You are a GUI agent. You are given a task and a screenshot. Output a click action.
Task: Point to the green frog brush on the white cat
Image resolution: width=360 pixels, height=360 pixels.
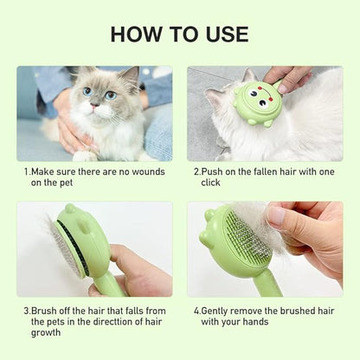(x=258, y=104)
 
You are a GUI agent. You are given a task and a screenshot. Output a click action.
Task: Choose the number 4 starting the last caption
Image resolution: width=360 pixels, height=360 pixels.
(x=196, y=308)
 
